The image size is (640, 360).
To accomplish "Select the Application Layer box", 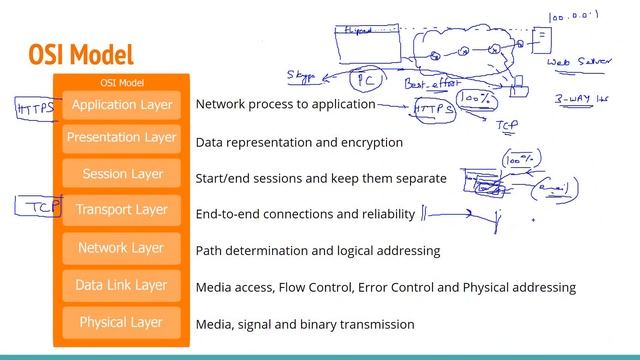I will pos(121,104).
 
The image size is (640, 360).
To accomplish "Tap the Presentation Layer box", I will pos(121,137).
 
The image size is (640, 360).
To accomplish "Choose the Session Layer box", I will pos(121,173).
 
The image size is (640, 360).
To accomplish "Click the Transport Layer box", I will pos(121,210).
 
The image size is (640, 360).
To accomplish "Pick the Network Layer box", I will pos(121,247).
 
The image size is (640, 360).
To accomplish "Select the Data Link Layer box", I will pos(121,285).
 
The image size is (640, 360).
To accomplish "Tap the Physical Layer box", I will pos(121,322).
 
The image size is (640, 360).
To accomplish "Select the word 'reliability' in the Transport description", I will pos(382,214).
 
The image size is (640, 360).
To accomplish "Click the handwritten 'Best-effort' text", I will pos(430,86).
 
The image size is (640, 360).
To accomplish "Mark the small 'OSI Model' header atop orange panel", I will pos(121,82).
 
